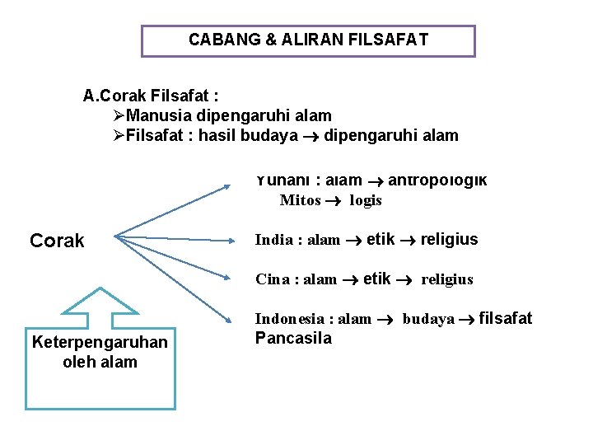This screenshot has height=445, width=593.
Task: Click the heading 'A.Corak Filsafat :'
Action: (151, 96)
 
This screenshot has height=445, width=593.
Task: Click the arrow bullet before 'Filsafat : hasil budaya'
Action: (119, 135)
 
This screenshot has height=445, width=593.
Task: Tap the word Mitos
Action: (300, 200)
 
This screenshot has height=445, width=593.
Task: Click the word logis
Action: (366, 200)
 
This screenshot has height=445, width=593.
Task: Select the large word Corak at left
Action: (57, 241)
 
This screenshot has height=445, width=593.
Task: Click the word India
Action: (273, 240)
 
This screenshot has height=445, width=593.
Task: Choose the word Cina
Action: (273, 279)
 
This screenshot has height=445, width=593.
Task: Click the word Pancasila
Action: (293, 338)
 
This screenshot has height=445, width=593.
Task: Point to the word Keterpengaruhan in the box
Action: (100, 342)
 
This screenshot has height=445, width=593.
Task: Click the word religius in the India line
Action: (449, 240)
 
